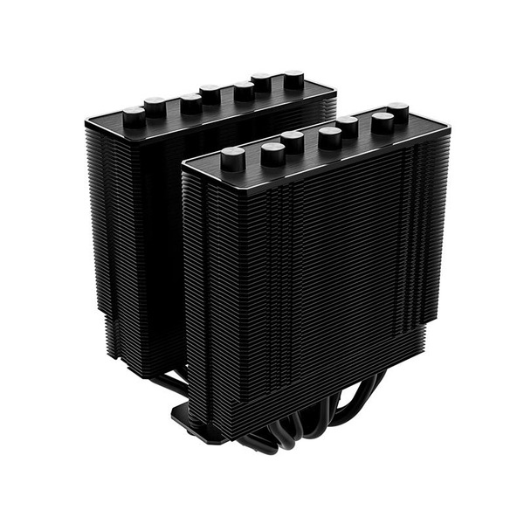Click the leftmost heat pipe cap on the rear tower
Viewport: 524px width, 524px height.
pyautogui.click(x=134, y=114)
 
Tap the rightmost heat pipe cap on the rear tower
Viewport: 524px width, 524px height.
pyautogui.click(x=294, y=80)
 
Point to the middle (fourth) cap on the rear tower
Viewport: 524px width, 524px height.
pyautogui.click(x=210, y=93)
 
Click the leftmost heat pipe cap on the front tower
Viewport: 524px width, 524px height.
pyautogui.click(x=233, y=159)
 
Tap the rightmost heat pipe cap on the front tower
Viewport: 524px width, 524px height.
pyautogui.click(x=398, y=113)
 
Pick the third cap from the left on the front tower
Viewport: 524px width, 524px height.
pyautogui.click(x=292, y=141)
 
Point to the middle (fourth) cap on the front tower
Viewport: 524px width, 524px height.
pyautogui.click(x=330, y=137)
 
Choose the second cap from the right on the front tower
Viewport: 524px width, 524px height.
pyautogui.click(x=383, y=122)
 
